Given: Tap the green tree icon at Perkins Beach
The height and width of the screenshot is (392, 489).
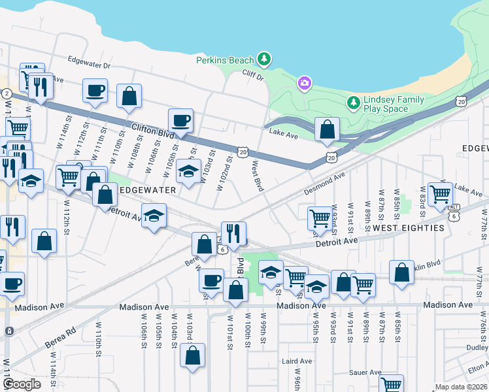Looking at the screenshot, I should coord(264,59).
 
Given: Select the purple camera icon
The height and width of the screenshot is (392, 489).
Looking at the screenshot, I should coord(304,83).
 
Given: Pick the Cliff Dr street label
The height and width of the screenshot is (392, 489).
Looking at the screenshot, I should coord(252,76).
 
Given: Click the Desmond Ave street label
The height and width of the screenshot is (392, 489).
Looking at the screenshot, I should coord(324,184).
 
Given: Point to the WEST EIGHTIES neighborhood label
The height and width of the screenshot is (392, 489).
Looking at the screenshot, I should coord(409,228).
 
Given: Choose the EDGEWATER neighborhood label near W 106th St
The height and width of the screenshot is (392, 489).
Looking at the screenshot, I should coord(148,189).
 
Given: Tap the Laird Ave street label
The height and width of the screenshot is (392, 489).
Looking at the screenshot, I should coord(297,361).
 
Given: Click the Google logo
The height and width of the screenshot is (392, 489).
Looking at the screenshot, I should coord(22,384).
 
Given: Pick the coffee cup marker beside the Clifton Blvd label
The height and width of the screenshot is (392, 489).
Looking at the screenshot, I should coord(180,122).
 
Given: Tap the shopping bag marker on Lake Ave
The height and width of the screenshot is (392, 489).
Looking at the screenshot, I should coord(327,130).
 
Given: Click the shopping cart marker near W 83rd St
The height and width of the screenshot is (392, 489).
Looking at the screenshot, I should coord(441,194).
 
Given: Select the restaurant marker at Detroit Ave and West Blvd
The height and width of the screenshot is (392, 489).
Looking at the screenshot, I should coord(233,233).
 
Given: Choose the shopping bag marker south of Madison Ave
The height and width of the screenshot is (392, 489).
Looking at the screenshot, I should coord(193,357).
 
